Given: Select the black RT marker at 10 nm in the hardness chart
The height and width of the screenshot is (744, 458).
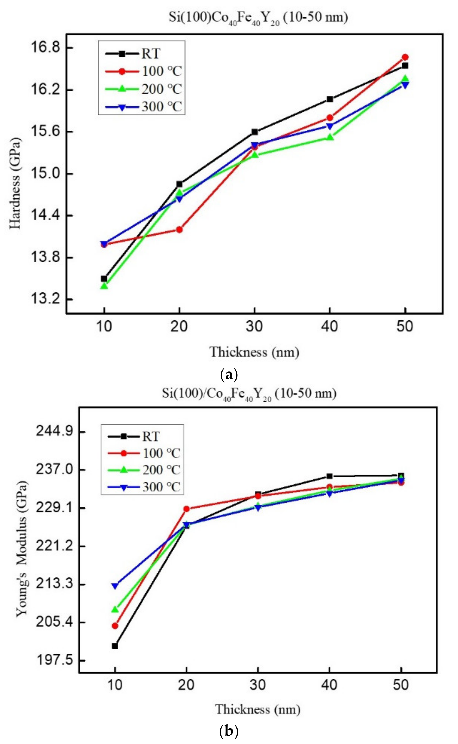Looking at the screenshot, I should tap(104, 278).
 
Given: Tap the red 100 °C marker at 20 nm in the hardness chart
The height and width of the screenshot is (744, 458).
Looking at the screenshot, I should tap(179, 229).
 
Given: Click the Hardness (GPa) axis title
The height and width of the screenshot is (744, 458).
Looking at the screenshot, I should tap(15, 183).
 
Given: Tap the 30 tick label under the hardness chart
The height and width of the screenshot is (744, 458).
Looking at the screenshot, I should tap(254, 327).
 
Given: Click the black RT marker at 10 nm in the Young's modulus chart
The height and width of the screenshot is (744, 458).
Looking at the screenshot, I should tap(115, 646).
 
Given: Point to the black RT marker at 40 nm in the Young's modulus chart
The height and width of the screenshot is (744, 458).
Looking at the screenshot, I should tap(330, 476).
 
